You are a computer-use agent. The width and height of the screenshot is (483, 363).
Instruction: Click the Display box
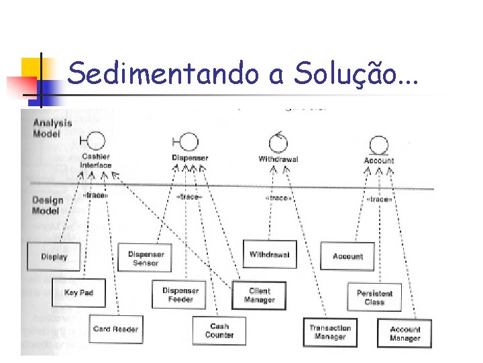(54, 256)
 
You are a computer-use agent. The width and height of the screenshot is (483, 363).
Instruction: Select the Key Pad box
(78, 292)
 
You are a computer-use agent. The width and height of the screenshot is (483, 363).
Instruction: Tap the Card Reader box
(115, 329)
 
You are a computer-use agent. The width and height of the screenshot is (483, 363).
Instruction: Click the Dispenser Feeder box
(180, 295)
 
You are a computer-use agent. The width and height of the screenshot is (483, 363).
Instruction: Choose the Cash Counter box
(219, 331)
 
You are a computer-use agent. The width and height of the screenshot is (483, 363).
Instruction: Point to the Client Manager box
(259, 295)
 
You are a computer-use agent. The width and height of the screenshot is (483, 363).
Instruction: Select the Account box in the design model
(347, 256)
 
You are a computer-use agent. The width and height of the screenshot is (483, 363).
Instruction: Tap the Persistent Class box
(374, 297)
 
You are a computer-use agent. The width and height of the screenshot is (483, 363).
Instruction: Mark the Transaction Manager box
(330, 332)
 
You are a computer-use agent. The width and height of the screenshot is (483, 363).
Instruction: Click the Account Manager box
(405, 333)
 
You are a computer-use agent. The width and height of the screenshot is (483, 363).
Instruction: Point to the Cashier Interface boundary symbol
(95, 141)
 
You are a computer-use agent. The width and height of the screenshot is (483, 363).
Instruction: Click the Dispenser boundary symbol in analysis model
(189, 141)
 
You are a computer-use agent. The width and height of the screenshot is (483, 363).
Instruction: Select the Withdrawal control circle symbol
(278, 142)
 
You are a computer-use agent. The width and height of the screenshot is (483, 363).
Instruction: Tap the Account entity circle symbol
(379, 143)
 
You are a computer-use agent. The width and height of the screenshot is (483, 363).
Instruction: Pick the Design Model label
(48, 205)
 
